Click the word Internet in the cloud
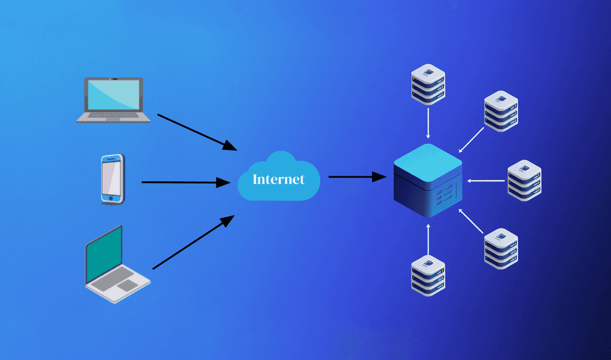(x=278, y=179)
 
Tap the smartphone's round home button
(x=112, y=198)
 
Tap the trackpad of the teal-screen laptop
(x=127, y=286)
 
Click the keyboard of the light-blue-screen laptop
(x=113, y=115)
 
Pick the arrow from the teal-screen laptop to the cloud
(x=193, y=242)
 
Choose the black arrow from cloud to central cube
(x=357, y=177)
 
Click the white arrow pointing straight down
(x=428, y=123)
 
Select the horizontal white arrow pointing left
(x=486, y=180)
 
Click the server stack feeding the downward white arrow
(x=428, y=85)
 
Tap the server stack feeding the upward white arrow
(x=428, y=275)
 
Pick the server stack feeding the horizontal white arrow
(x=524, y=180)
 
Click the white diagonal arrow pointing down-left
(x=471, y=139)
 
